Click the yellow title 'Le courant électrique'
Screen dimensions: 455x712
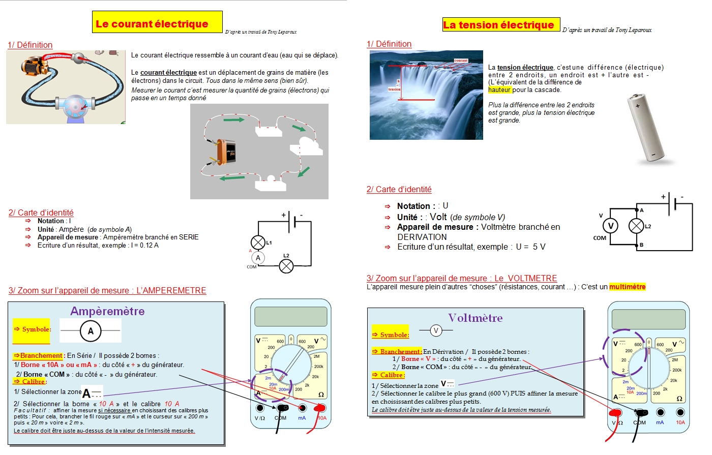click(x=152, y=24)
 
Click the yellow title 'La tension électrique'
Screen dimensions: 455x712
click(x=498, y=25)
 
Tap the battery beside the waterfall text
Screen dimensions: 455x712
click(x=645, y=128)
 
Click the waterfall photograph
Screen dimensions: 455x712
click(x=426, y=95)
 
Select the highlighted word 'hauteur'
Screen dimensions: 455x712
click(x=499, y=90)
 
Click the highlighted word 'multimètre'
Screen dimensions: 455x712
click(x=627, y=287)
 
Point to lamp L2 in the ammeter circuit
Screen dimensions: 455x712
click(x=286, y=265)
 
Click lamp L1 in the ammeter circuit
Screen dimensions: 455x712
click(x=258, y=242)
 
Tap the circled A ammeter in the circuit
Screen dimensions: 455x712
click(x=258, y=258)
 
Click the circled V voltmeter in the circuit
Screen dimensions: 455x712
click(x=610, y=226)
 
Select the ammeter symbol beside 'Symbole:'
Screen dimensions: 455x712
click(x=91, y=331)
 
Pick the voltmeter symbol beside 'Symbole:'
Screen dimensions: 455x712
click(x=436, y=331)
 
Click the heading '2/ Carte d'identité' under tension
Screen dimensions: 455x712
click(x=399, y=190)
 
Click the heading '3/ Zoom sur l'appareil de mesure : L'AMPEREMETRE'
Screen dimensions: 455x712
click(x=107, y=291)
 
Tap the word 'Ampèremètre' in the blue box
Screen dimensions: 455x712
click(x=107, y=311)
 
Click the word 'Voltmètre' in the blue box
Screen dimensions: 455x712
click(x=475, y=318)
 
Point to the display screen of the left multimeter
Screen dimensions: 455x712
click(x=290, y=316)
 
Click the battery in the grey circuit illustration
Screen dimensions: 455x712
click(x=226, y=151)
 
